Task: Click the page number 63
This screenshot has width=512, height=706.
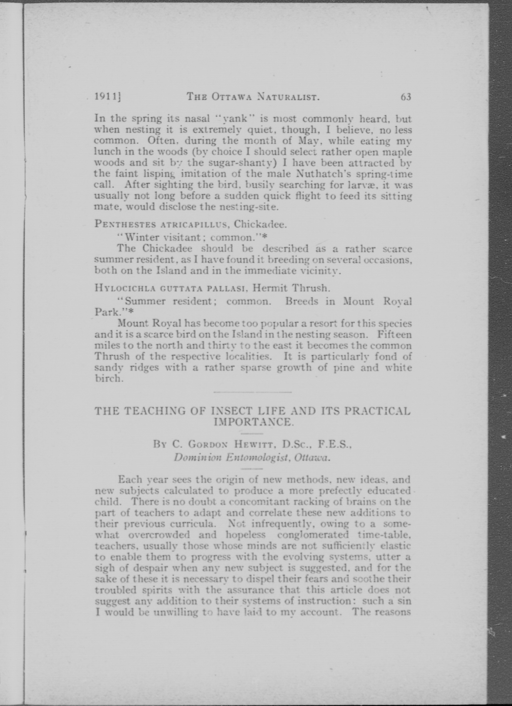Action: point(406,97)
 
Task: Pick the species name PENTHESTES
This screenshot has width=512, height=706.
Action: point(119,224)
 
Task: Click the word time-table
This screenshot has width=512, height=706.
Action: point(384,535)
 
